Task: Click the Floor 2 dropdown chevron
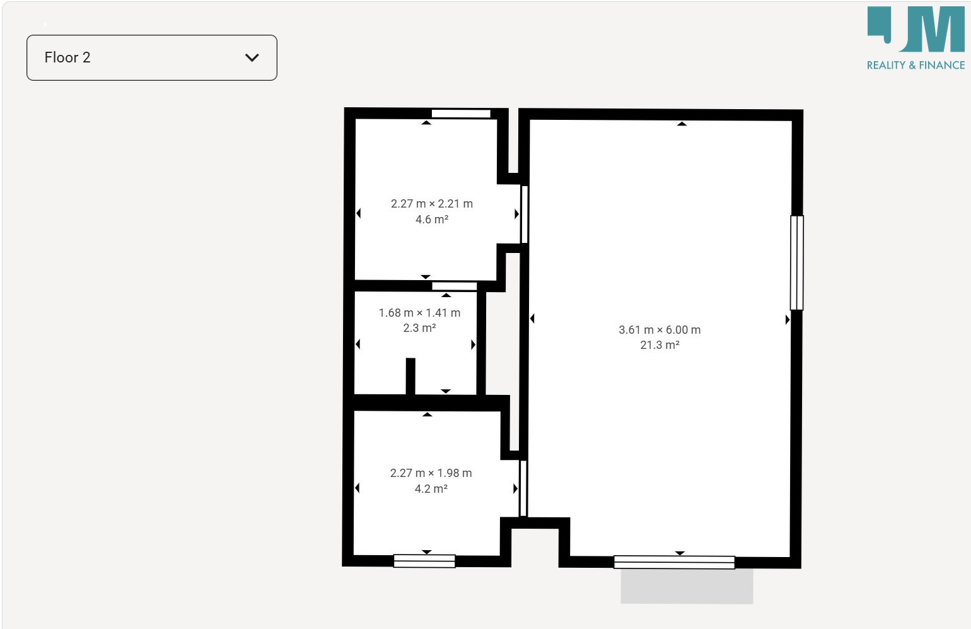[252, 57]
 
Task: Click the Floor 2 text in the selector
[67, 57]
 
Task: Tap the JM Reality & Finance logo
[916, 38]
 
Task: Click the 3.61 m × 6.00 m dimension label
[660, 330]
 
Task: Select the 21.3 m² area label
[660, 345]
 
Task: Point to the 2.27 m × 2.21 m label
[432, 203]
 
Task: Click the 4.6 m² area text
[432, 219]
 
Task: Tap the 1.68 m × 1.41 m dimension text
[420, 313]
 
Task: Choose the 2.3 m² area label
[420, 328]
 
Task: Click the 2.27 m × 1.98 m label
[431, 473]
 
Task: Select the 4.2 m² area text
[431, 488]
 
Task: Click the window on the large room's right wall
[797, 262]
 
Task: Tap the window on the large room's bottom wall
[674, 562]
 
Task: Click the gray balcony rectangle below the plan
[687, 586]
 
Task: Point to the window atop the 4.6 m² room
[461, 114]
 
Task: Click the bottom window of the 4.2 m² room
[424, 561]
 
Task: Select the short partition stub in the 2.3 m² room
[410, 376]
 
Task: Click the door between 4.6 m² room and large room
[524, 214]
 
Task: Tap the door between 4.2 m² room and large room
[523, 488]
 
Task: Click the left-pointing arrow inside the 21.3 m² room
[532, 319]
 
